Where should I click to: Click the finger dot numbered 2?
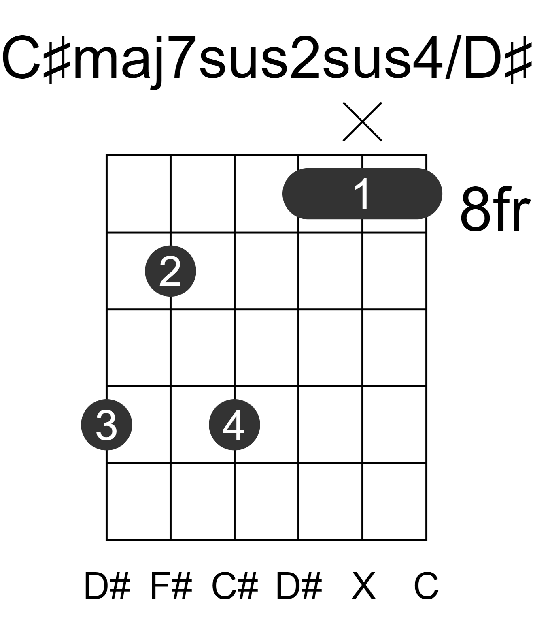[170, 271]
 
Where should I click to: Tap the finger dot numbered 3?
[107, 425]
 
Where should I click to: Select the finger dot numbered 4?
[234, 425]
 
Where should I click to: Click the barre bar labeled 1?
[362, 194]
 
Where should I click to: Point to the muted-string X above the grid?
[362, 122]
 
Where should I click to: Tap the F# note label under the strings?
[171, 586]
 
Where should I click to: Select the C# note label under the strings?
[235, 586]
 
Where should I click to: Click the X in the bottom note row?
[363, 586]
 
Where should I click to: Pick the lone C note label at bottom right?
[426, 586]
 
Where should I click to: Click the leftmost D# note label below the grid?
[107, 586]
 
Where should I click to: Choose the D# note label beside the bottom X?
[299, 586]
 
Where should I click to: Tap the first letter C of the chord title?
[21, 58]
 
